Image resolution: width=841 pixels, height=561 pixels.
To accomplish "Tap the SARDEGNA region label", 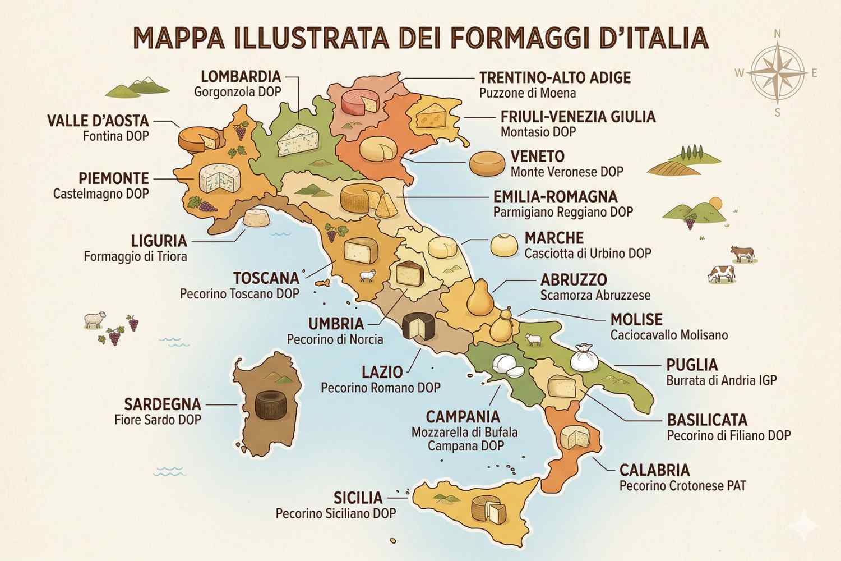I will (163, 404).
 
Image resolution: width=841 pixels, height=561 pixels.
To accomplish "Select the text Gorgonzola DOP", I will (238, 92).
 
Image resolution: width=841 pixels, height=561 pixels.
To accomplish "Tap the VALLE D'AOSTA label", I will (98, 121).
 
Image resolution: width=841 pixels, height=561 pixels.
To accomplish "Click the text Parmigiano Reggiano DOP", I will (563, 212).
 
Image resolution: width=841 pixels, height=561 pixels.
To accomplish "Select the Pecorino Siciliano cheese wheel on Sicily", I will (487, 509).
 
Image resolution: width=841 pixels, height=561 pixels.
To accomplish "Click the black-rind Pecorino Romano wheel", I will (419, 327).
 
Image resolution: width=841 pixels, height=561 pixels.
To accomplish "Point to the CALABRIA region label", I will (654, 470).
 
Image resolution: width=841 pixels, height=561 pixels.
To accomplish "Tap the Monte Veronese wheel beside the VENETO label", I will (487, 163).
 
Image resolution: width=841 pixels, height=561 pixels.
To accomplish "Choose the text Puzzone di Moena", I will (528, 93).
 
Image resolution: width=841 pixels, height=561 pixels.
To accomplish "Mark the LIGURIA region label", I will (159, 241).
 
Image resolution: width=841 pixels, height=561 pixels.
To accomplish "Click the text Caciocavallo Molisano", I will (669, 335).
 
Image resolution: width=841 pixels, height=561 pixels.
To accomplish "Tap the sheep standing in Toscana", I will (367, 275).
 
